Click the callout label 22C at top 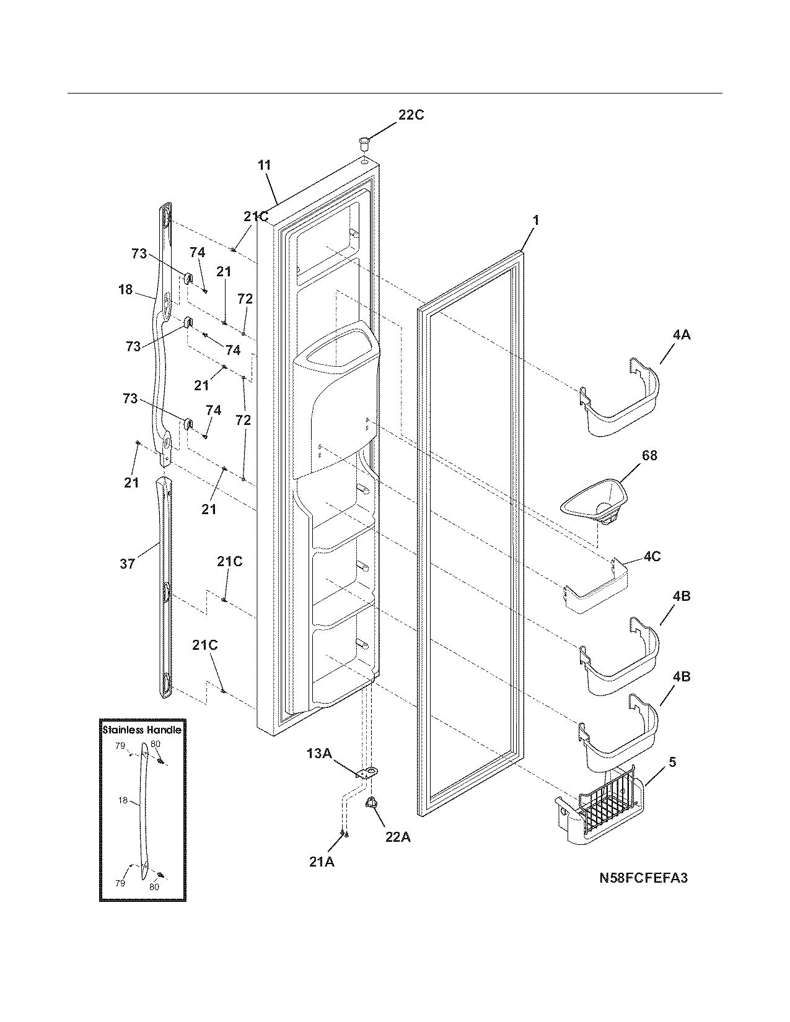tap(411, 115)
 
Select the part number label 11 tap(265, 165)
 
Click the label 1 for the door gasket tap(535, 220)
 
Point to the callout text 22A tap(397, 837)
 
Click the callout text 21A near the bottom tap(322, 861)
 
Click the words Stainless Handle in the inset tap(142, 730)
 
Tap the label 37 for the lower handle tap(127, 564)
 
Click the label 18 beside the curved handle tap(125, 289)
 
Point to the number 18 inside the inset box tap(123, 801)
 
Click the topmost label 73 tap(139, 253)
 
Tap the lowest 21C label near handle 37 tap(204, 645)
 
